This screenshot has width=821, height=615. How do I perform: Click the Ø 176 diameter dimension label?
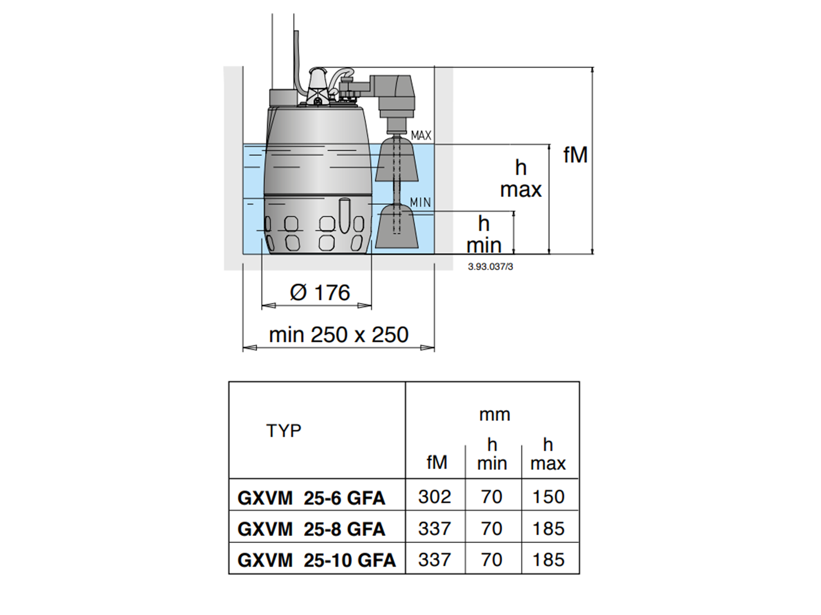(320, 293)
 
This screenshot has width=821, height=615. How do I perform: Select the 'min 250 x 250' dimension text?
(339, 335)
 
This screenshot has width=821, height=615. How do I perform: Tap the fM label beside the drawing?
(576, 155)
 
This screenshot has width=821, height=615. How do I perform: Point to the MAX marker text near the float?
(421, 135)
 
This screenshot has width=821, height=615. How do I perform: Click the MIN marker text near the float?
(420, 202)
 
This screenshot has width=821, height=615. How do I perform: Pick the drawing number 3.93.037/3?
(490, 267)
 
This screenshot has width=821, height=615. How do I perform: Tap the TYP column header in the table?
(284, 431)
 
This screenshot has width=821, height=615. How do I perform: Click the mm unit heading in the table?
(494, 415)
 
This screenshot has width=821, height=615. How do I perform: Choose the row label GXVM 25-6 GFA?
(311, 498)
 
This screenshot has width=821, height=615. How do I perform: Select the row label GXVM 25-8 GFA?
(311, 529)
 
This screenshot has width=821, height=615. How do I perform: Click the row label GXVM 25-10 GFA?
(317, 560)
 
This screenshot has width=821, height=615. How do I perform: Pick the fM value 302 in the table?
(435, 497)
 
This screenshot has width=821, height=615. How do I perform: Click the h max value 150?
(549, 497)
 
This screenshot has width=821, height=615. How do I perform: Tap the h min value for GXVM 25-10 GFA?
(492, 560)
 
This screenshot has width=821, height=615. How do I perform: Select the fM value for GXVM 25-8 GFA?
(435, 529)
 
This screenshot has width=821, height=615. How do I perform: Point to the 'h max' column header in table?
(548, 454)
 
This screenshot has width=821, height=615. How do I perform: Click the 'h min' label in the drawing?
(484, 235)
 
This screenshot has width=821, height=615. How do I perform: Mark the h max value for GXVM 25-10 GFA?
(549, 560)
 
